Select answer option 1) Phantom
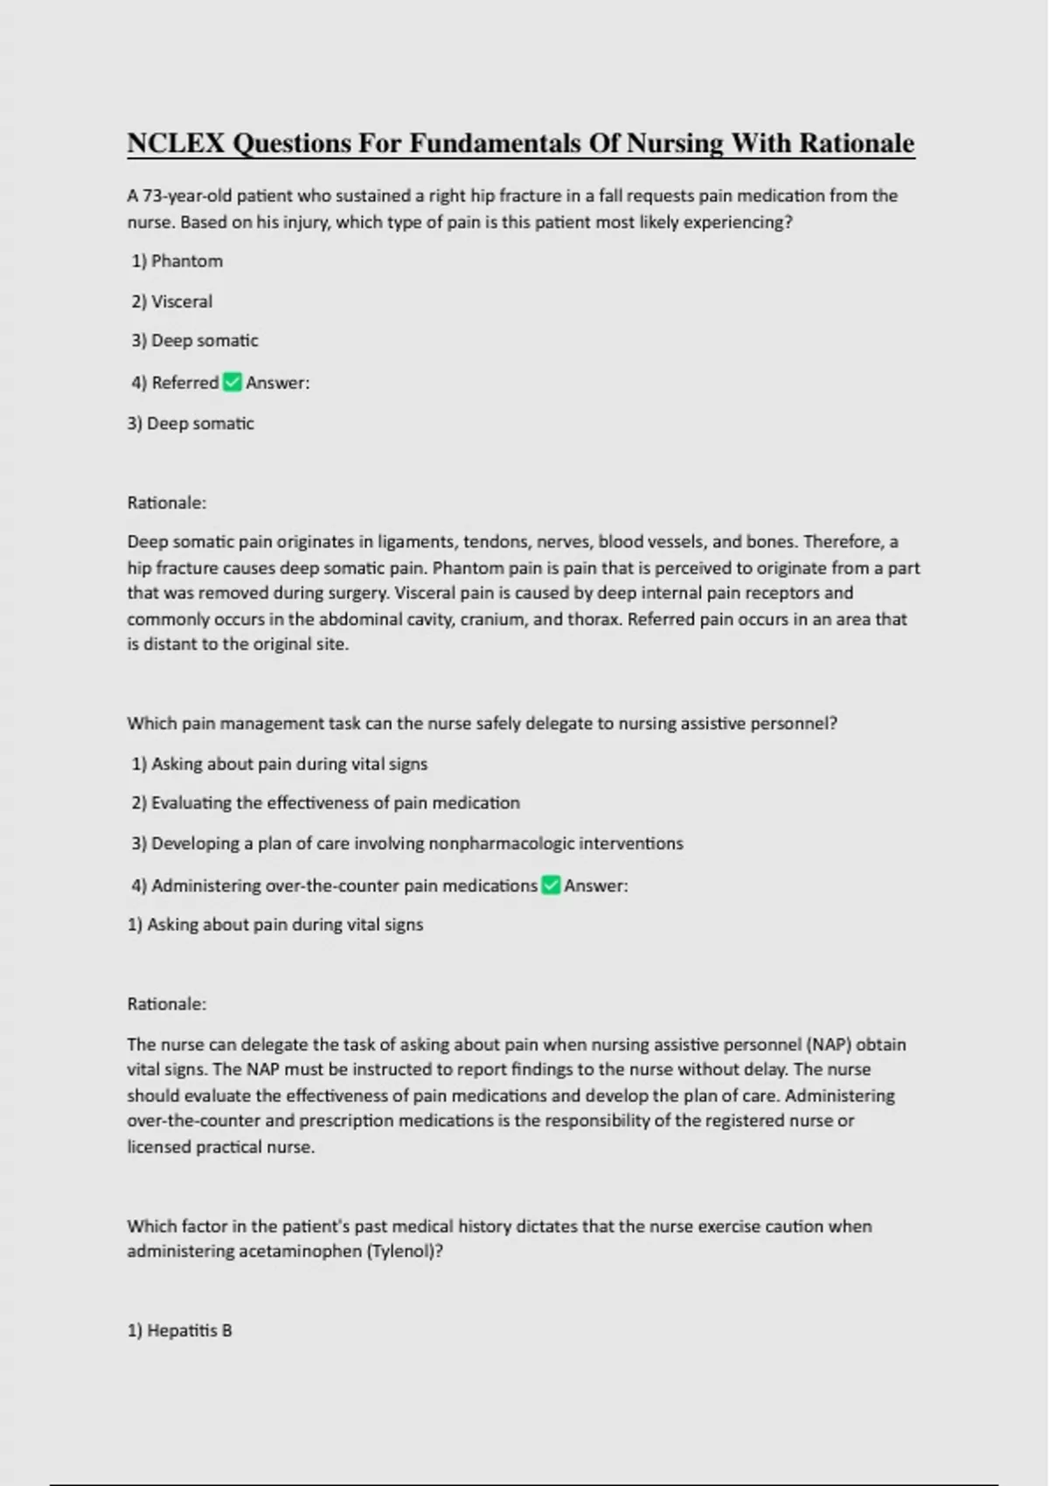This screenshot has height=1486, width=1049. [177, 261]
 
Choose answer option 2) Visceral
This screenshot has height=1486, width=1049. [172, 302]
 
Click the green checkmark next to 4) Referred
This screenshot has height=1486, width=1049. [233, 382]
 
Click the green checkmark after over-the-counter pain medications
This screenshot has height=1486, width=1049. [551, 885]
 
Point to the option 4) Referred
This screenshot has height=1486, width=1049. [175, 383]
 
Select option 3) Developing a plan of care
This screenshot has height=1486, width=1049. [406, 844]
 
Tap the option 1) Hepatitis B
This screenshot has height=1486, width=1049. [179, 1330]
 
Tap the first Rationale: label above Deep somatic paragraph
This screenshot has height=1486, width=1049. [166, 503]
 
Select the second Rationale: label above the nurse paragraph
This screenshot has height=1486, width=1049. [166, 1004]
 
